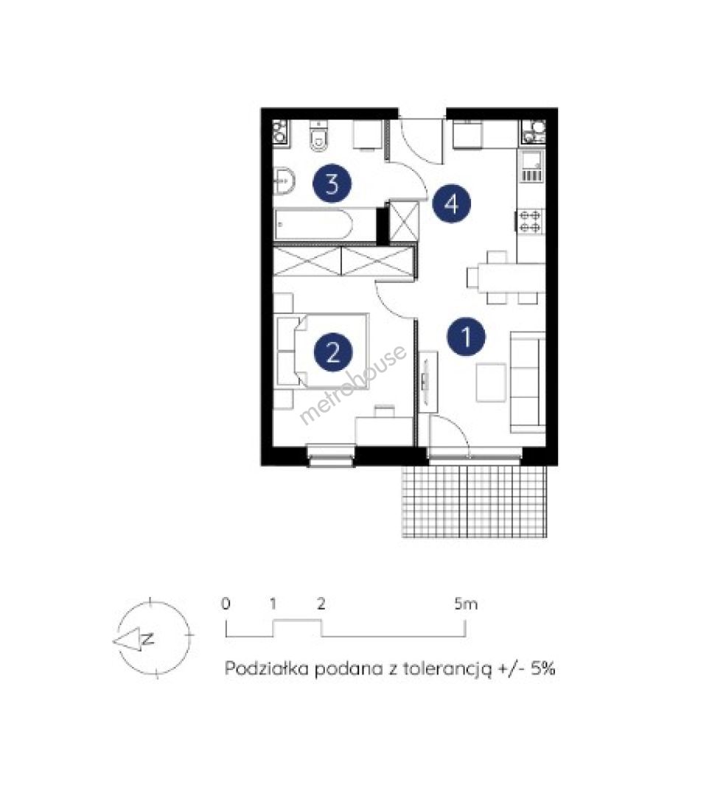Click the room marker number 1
[x=467, y=336]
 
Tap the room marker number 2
[x=333, y=352]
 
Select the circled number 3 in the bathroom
[x=332, y=184]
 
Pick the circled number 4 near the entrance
[x=452, y=204]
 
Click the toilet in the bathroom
[x=318, y=136]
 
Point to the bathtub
[x=313, y=225]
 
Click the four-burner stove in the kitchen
[x=530, y=222]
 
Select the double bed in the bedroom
[x=322, y=351]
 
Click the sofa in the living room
[x=528, y=383]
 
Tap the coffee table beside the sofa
[x=491, y=383]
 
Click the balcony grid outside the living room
[x=475, y=500]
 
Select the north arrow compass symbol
[x=152, y=639]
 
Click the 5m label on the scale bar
[x=466, y=604]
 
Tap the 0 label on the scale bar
[x=226, y=604]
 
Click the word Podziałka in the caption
[x=267, y=668]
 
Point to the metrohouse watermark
[x=353, y=384]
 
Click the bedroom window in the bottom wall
[x=331, y=455]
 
